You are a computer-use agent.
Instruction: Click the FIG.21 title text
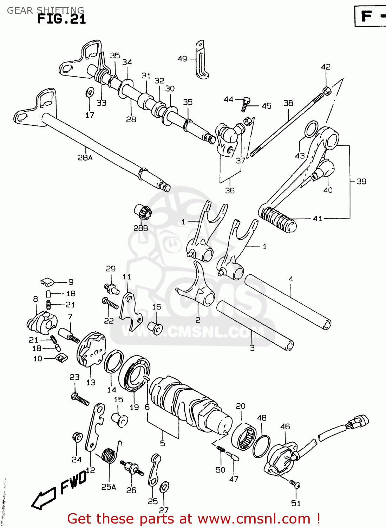point(61,19)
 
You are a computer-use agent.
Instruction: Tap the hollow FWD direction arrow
point(44,497)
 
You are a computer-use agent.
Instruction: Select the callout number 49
point(182,59)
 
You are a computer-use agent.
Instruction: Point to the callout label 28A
point(85,158)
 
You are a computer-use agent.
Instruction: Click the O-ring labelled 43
point(311,129)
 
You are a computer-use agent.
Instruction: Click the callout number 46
point(285,427)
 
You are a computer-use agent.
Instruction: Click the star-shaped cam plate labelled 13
point(91,349)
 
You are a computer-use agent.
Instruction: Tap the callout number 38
point(288,103)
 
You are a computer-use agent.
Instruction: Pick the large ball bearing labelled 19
point(135,374)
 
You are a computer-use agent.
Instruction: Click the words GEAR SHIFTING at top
point(45,10)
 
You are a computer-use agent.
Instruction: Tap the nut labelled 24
point(77,437)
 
